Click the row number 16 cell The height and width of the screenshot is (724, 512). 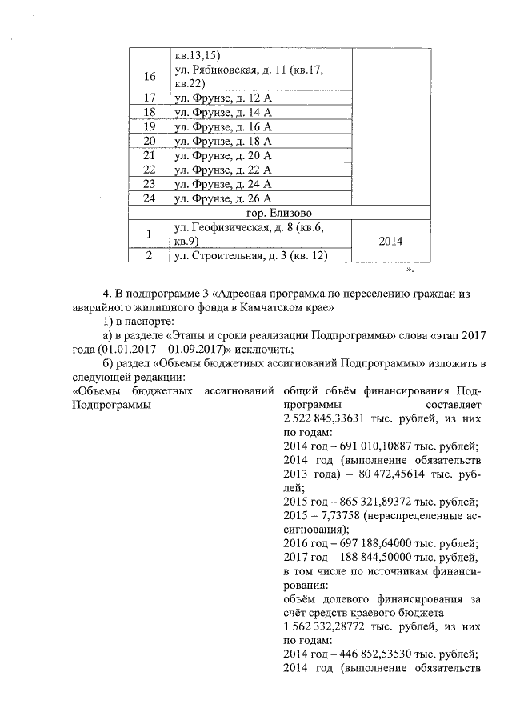(x=149, y=77)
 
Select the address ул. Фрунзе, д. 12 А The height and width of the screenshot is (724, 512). (x=223, y=98)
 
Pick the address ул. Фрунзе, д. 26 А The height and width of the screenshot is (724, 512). (x=223, y=198)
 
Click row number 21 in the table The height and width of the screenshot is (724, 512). (x=149, y=155)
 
